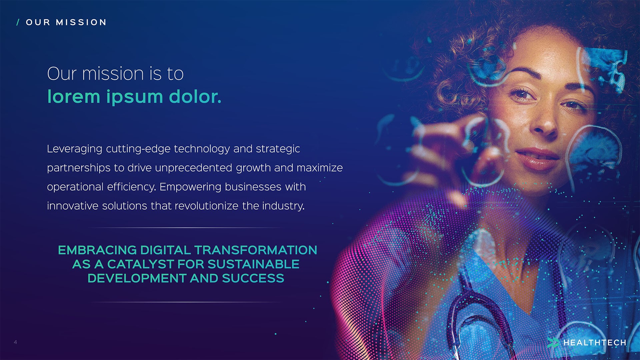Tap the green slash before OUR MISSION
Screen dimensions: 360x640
pyautogui.click(x=18, y=22)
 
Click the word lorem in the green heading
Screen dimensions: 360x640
pyautogui.click(x=74, y=97)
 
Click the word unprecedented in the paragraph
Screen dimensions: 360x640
pyautogui.click(x=194, y=168)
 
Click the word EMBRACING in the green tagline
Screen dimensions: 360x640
pyautogui.click(x=97, y=250)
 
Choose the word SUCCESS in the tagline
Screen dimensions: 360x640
pyautogui.click(x=253, y=278)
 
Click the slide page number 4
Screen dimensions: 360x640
pyautogui.click(x=15, y=342)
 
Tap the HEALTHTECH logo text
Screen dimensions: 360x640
pyautogui.click(x=595, y=343)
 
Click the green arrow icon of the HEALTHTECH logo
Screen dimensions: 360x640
pyautogui.click(x=553, y=343)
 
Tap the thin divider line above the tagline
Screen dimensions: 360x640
pyautogui.click(x=185, y=228)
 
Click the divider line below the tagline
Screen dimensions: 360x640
pyautogui.click(x=185, y=302)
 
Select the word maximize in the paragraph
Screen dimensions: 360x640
pyautogui.click(x=319, y=168)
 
